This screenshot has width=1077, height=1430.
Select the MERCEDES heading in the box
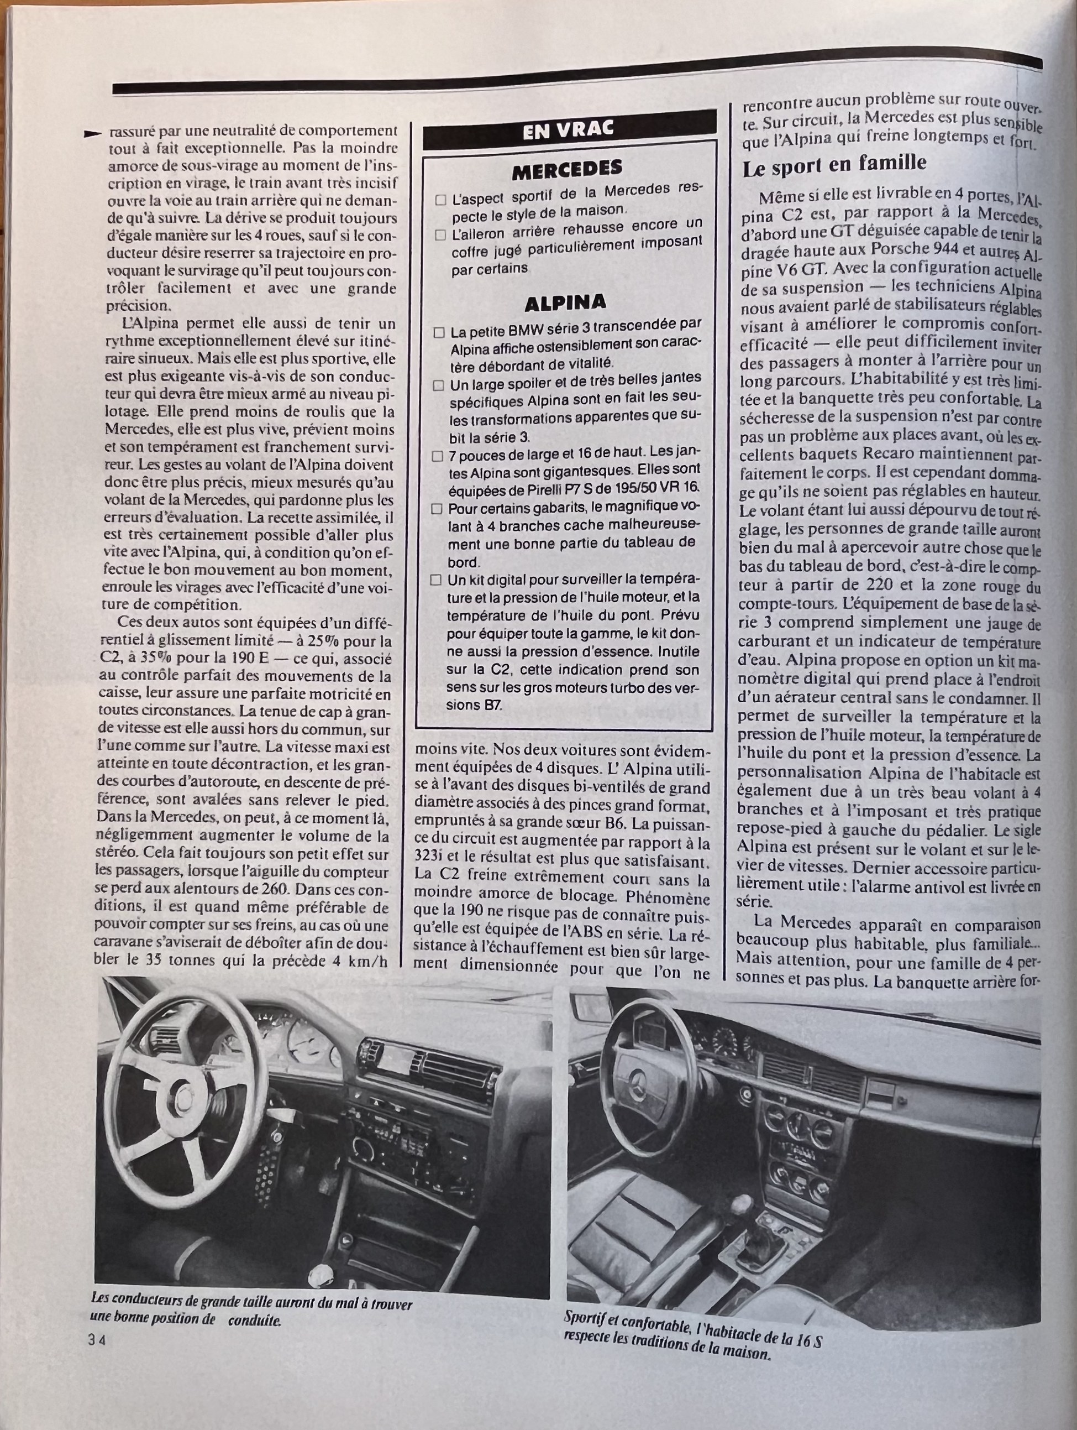click(x=566, y=170)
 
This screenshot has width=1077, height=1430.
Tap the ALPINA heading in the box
click(x=565, y=302)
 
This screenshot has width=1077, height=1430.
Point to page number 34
click(x=97, y=1340)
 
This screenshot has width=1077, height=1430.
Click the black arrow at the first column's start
click(x=94, y=133)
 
